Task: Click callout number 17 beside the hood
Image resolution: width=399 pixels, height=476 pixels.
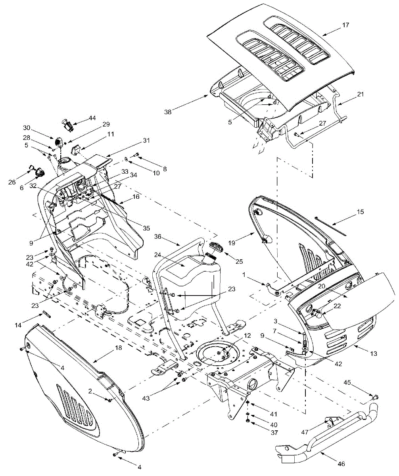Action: tap(345, 25)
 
